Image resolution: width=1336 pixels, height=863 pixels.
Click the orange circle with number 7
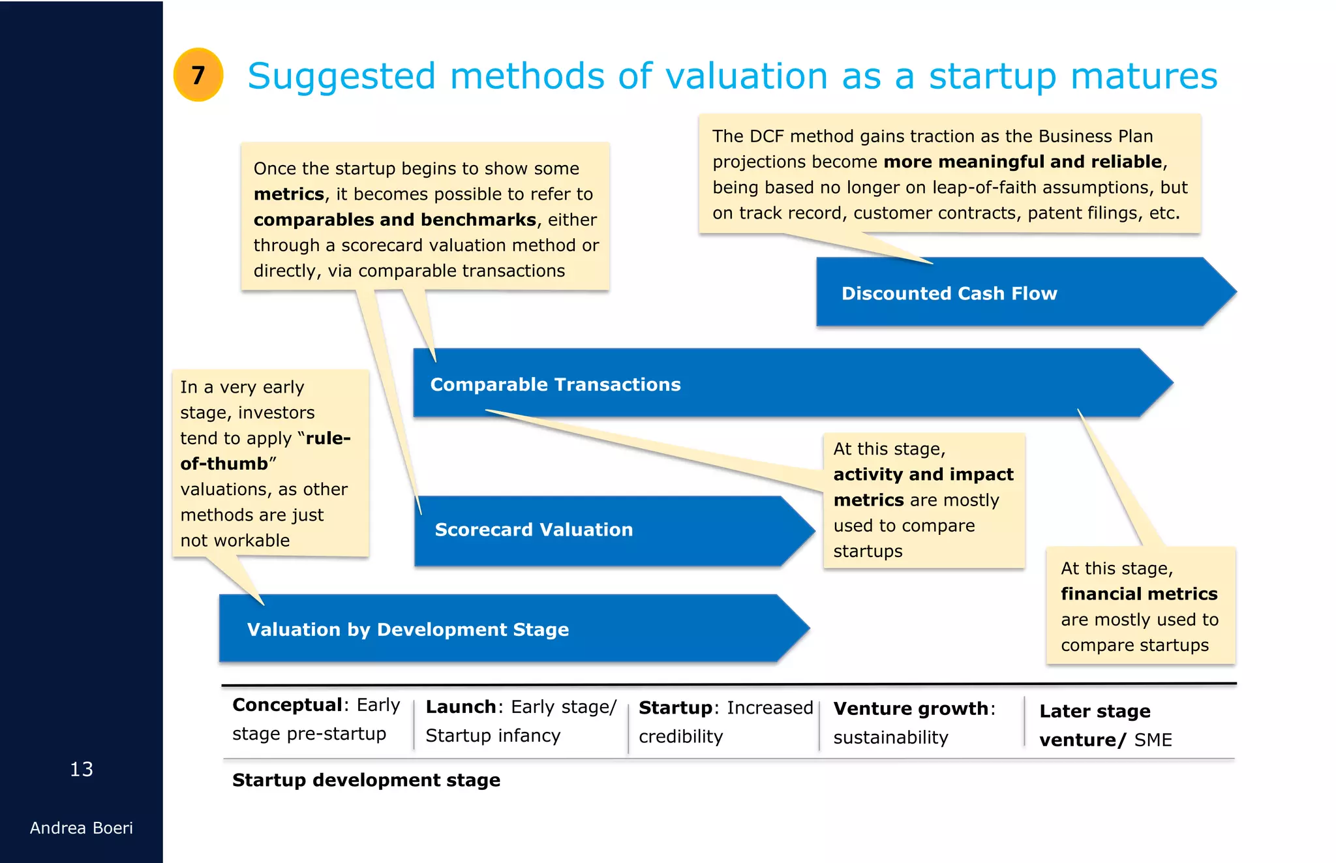pos(198,75)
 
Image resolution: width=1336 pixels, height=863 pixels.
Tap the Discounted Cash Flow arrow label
pos(949,294)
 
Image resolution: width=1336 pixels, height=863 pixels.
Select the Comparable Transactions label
pos(555,385)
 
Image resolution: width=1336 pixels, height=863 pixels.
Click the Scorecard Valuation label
pos(534,530)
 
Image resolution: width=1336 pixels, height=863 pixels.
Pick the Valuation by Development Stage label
pos(408,629)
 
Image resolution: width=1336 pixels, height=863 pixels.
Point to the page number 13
pos(82,770)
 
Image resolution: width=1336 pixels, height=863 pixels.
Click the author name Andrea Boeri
pos(82,828)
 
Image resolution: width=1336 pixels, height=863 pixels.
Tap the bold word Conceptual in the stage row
pos(288,705)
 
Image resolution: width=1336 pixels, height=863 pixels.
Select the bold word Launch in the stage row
pos(461,707)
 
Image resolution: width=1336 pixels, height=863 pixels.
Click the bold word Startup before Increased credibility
pos(675,708)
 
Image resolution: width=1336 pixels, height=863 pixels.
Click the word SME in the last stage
pos(1153,740)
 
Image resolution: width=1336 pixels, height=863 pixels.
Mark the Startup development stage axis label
pos(366,780)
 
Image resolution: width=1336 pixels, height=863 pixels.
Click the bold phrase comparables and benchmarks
pos(395,220)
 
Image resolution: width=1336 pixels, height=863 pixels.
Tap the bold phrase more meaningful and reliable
pos(1023,162)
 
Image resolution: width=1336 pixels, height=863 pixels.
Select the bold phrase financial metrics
pos(1139,594)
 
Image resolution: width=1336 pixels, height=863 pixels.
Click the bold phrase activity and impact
pos(923,475)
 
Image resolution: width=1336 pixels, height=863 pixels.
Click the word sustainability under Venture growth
pos(890,738)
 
